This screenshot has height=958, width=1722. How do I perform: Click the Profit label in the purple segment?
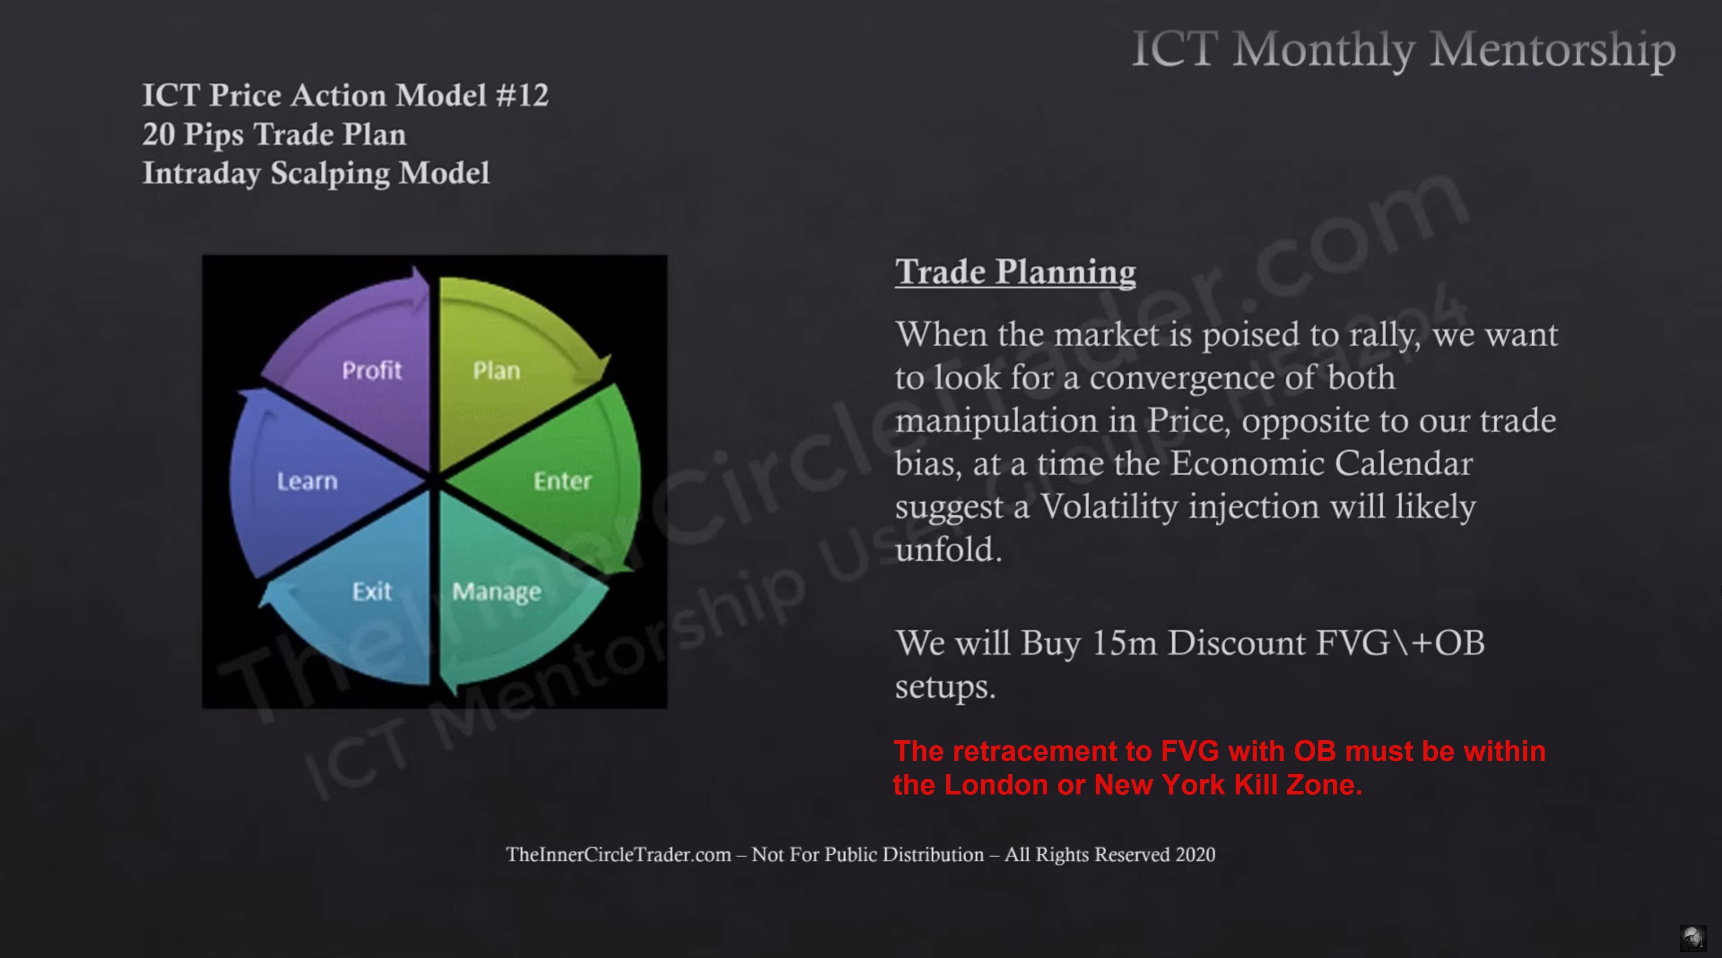click(372, 370)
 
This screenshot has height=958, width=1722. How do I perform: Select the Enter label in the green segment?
click(563, 480)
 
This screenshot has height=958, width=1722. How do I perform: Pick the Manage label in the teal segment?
click(497, 592)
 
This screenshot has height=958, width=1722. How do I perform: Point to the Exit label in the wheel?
click(372, 591)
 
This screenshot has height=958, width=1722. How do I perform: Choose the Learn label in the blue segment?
click(308, 481)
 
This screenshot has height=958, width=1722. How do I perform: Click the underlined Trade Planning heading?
click(1015, 272)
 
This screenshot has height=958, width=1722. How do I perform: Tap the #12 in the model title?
click(522, 95)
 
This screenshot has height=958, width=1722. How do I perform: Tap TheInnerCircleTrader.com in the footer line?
click(618, 854)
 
